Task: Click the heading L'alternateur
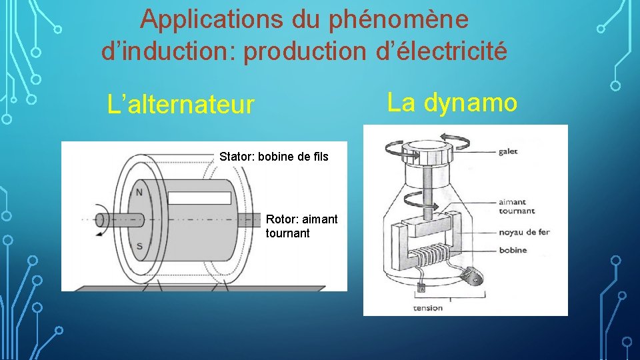pyautogui.click(x=181, y=105)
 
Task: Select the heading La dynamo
pyautogui.click(x=452, y=102)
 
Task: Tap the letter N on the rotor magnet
pyautogui.click(x=139, y=192)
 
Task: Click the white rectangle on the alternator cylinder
pyautogui.click(x=199, y=198)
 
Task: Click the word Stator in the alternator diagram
pyautogui.click(x=235, y=157)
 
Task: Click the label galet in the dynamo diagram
pyautogui.click(x=507, y=151)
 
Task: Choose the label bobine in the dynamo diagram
pyautogui.click(x=512, y=250)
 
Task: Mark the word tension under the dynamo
pyautogui.click(x=427, y=307)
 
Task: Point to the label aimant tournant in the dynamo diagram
pyautogui.click(x=516, y=206)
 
